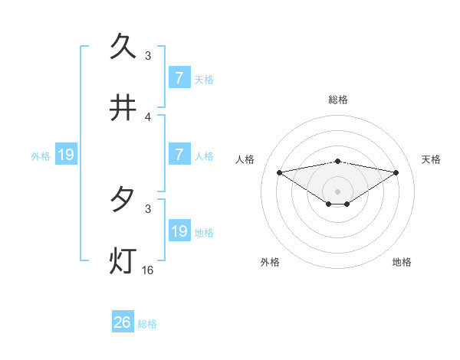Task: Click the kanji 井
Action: (x=123, y=109)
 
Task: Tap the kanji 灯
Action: (x=123, y=260)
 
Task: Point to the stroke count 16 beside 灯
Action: (x=148, y=270)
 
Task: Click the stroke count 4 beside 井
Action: (x=148, y=117)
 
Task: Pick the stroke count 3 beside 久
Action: (x=148, y=56)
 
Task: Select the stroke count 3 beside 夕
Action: (x=148, y=208)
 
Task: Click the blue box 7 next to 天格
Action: (x=179, y=77)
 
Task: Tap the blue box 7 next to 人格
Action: (x=179, y=154)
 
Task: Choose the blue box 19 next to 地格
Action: (x=179, y=231)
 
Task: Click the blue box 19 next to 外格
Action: (x=66, y=155)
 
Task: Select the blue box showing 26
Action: (x=123, y=322)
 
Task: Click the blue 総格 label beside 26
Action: (x=147, y=324)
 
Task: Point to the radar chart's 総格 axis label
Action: (x=337, y=100)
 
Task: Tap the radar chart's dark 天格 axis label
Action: (x=431, y=159)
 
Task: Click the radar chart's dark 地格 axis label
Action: (x=402, y=262)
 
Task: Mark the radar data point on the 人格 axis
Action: (x=280, y=172)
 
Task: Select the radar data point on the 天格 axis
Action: (x=396, y=172)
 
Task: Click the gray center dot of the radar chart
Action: (x=337, y=191)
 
